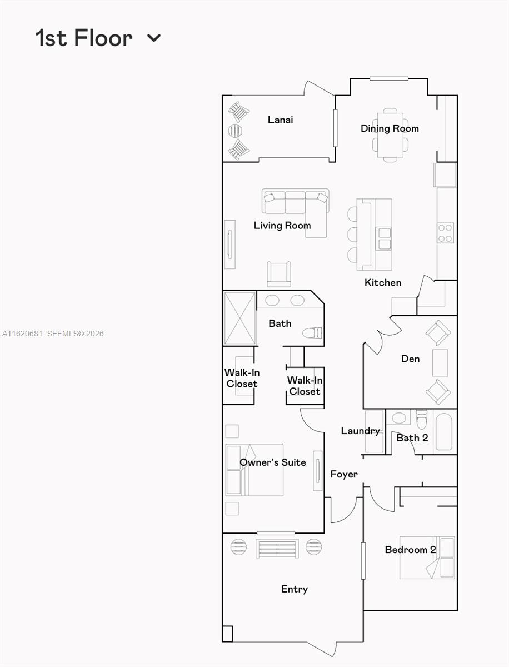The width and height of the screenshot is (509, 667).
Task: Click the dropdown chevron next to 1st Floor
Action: tap(154, 38)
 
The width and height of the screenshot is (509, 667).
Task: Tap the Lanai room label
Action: tap(280, 120)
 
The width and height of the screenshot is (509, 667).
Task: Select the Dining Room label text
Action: tap(390, 128)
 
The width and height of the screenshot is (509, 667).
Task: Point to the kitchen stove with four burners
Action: tap(445, 232)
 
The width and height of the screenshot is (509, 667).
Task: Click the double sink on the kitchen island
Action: tap(384, 237)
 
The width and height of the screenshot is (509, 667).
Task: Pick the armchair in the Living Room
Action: tap(279, 273)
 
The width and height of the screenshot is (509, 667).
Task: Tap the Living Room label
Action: tap(282, 225)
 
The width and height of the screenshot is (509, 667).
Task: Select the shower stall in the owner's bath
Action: tap(239, 318)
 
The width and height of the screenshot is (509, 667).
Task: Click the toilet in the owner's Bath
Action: tap(312, 333)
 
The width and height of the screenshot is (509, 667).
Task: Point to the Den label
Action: tap(410, 359)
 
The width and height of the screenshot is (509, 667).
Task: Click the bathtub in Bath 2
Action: tap(443, 431)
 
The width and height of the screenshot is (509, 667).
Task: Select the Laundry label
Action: tap(360, 431)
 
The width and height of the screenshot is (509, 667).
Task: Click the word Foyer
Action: tap(344, 474)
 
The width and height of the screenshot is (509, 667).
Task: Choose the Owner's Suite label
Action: tap(272, 462)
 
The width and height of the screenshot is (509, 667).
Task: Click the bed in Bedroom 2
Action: tap(427, 558)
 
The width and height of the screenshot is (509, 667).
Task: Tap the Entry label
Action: tap(294, 589)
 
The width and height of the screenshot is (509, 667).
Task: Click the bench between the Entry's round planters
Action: tap(277, 548)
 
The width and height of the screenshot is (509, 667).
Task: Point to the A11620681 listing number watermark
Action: tap(22, 333)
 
